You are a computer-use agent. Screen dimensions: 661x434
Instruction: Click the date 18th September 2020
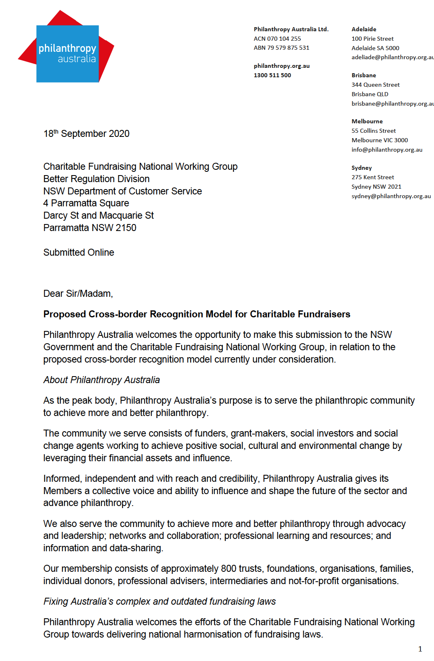(86, 134)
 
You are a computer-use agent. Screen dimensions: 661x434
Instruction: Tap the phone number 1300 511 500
(272, 75)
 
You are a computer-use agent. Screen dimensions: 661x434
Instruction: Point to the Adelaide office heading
(364, 29)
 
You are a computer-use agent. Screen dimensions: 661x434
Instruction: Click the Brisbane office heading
(364, 75)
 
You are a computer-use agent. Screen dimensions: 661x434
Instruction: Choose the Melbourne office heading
(367, 121)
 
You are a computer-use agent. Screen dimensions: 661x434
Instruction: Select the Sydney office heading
(362, 168)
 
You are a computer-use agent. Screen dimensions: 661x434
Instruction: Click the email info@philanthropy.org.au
(387, 150)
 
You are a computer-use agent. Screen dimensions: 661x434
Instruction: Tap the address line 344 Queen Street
(375, 85)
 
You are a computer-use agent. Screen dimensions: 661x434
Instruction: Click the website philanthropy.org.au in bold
(282, 66)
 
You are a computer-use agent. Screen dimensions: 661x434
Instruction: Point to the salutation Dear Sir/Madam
(78, 294)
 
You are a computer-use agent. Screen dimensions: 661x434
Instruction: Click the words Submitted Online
(78, 252)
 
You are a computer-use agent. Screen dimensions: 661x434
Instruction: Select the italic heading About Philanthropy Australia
(102, 380)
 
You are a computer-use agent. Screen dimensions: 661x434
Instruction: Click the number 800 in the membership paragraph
(229, 569)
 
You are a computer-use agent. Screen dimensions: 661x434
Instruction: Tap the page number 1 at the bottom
(420, 649)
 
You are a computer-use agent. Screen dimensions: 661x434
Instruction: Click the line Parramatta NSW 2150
(90, 228)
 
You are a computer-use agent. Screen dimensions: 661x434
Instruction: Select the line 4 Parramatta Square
(86, 203)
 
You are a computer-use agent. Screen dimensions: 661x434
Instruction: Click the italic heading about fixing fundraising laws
(159, 601)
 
